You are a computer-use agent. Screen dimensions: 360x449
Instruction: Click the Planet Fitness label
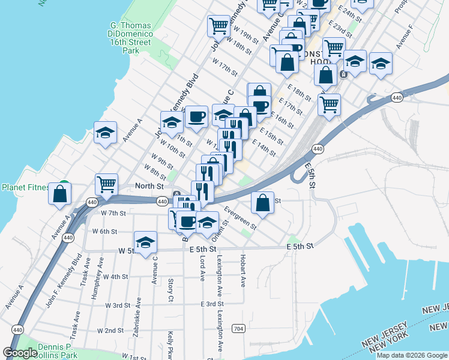coord(25,187)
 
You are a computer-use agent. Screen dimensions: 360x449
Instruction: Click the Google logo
coord(20,353)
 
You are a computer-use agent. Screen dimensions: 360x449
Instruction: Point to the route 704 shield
coord(239,328)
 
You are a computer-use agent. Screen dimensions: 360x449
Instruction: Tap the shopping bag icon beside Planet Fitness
coord(59,194)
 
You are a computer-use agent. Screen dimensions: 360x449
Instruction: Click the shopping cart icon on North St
coord(106,184)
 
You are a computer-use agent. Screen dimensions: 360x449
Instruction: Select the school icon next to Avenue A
coord(105,133)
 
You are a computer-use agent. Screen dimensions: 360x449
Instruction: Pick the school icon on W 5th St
coord(145,242)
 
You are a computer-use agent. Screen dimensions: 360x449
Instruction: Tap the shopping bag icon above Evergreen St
coord(262,202)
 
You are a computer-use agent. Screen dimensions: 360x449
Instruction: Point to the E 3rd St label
coord(212,304)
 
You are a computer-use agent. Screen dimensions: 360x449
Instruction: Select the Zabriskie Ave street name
coord(139,314)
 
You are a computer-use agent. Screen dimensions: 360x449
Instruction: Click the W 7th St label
coord(113,213)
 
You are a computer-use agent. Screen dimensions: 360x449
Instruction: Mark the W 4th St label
coord(116,277)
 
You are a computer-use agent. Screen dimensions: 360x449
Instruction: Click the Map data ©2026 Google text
coord(411,355)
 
